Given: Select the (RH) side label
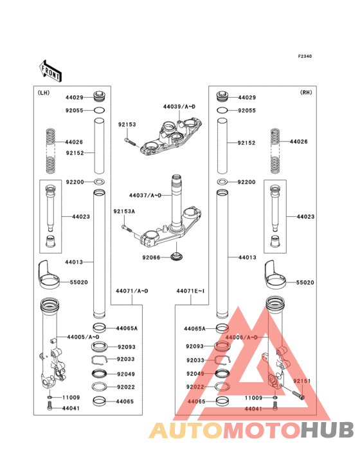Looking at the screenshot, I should [305, 93].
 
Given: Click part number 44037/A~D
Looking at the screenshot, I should [145, 195].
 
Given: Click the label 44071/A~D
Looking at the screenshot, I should [132, 291].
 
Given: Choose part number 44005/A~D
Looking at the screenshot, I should [84, 337].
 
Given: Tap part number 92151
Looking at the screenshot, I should [302, 381].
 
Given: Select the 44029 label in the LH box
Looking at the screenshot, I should [75, 97].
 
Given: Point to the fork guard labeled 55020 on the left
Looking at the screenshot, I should [46, 273].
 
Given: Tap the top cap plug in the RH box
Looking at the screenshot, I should [222, 97].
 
